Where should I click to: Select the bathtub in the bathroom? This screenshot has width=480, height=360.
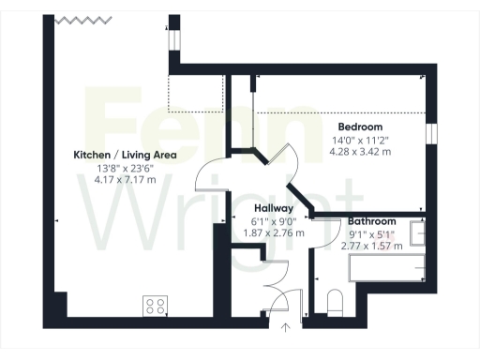[386, 270]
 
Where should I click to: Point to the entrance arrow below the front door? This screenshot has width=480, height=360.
[287, 327]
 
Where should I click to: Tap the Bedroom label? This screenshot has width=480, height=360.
[360, 127]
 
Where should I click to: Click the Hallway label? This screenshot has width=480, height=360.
[275, 208]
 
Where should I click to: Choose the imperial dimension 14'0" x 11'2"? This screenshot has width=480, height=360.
[360, 140]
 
